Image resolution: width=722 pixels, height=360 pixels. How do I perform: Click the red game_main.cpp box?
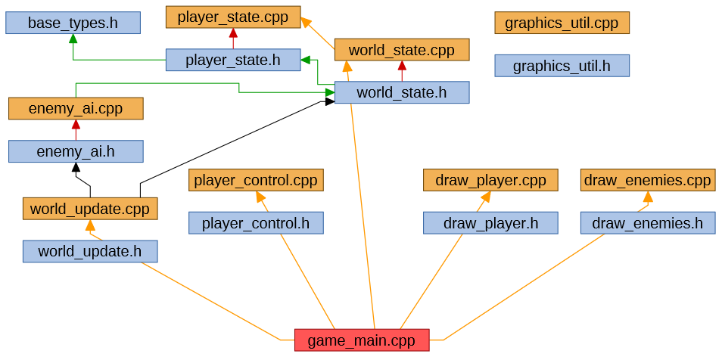click(x=361, y=340)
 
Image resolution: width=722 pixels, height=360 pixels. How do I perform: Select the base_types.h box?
click(x=73, y=23)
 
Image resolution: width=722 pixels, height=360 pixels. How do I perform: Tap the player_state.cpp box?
click(x=233, y=17)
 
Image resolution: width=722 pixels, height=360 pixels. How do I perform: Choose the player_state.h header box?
click(x=233, y=60)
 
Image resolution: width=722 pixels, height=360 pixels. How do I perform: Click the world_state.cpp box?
click(x=401, y=50)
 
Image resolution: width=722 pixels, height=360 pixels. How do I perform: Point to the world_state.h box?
click(x=401, y=93)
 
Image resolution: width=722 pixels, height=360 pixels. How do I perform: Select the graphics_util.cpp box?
click(x=562, y=23)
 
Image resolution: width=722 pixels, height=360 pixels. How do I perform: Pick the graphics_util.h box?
click(x=562, y=66)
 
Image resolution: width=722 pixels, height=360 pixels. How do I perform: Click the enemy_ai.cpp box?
click(x=76, y=108)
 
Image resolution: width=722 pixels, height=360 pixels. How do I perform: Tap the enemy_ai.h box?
click(x=76, y=151)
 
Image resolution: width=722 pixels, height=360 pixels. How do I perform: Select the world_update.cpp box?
click(x=90, y=209)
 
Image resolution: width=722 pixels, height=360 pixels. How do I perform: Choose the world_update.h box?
click(x=90, y=251)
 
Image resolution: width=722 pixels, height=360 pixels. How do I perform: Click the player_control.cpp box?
click(x=256, y=180)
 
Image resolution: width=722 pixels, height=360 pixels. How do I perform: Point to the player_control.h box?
click(x=256, y=223)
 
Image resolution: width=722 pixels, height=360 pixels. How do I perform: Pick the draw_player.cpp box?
click(x=490, y=180)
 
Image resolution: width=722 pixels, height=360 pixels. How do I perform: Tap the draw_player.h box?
click(x=490, y=223)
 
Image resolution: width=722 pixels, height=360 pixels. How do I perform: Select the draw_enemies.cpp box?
click(x=648, y=180)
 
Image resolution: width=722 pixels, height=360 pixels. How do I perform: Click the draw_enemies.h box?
click(x=648, y=223)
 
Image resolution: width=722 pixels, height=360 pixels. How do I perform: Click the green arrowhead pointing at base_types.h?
click(x=73, y=39)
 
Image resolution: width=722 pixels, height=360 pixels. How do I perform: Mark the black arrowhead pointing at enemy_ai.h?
click(x=76, y=167)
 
